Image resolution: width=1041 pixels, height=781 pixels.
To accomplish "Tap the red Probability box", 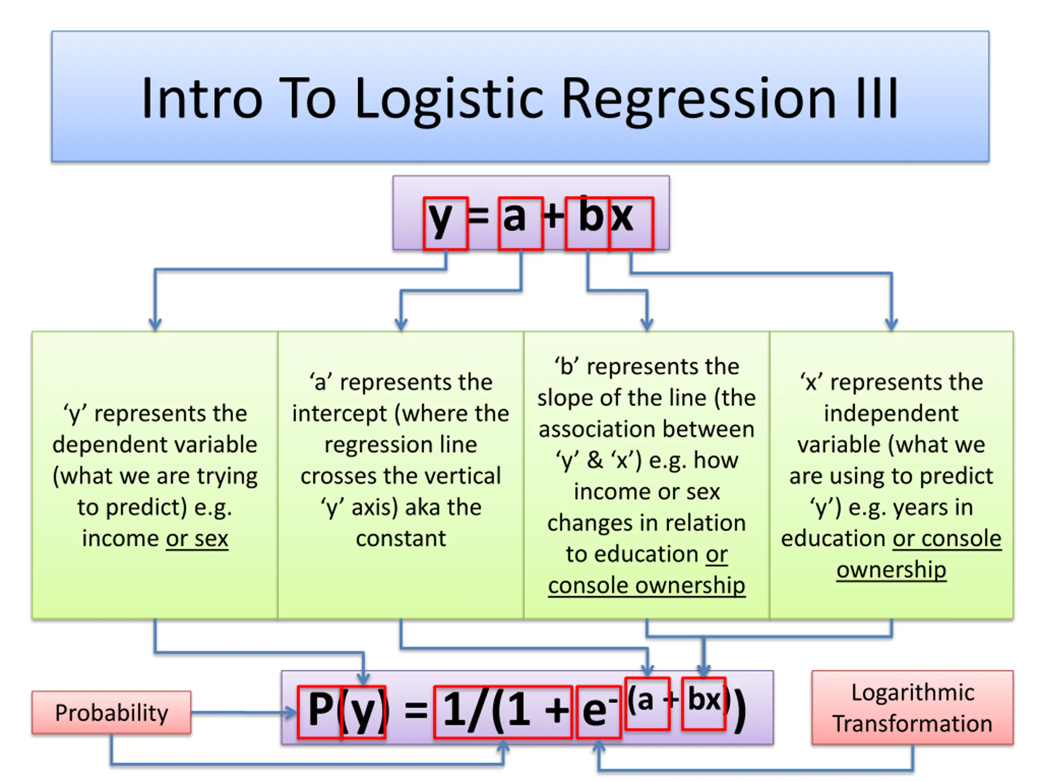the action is (111, 712).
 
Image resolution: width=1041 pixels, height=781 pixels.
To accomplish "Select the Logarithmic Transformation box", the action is (913, 707).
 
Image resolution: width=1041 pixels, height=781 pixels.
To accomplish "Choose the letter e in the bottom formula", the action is (595, 711).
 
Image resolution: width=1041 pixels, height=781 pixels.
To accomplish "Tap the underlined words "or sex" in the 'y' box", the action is (197, 538).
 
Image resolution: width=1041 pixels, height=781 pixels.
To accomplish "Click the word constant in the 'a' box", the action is (401, 538).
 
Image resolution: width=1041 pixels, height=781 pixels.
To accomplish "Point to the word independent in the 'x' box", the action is (891, 413).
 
